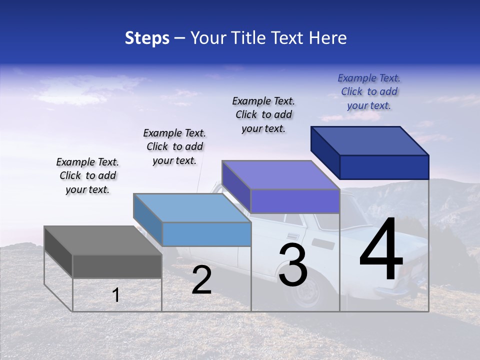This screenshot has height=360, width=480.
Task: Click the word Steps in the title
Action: [147, 38]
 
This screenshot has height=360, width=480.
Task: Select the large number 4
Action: [381, 250]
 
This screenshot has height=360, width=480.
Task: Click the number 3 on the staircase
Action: [293, 265]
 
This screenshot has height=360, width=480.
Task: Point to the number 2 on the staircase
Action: [201, 280]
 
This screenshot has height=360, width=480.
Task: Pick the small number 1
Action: [116, 295]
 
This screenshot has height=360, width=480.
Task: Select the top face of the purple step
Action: [280, 175]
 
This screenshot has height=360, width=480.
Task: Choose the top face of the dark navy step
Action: [369, 141]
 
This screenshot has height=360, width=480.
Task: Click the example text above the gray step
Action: [87, 175]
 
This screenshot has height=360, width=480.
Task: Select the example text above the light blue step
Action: [174, 146]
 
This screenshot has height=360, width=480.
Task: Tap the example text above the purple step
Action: [263, 114]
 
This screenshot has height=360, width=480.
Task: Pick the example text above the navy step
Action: [369, 91]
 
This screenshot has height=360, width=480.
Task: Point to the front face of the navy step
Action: [384, 167]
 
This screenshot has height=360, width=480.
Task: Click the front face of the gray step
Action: [117, 266]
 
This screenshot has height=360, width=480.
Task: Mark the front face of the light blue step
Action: [206, 234]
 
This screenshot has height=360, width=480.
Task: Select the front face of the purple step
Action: [295, 201]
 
